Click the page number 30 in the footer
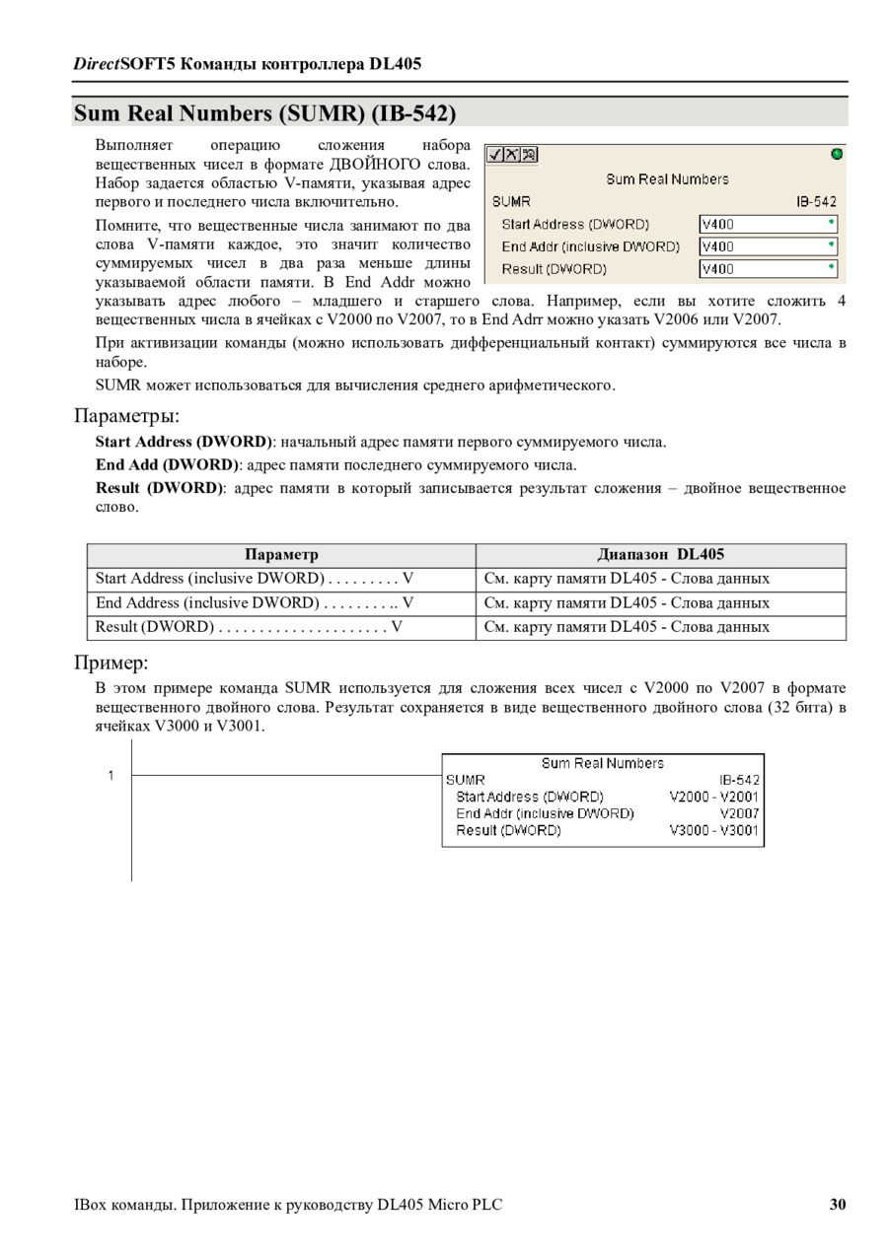pos(838,1204)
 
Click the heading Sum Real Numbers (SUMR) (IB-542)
pos(264,113)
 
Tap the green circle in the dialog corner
pos(838,154)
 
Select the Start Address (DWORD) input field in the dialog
pos(769,224)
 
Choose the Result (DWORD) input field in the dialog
pos(769,268)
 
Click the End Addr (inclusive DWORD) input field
pos(769,246)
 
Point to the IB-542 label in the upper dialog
pos(817,201)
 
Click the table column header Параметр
pos(281,555)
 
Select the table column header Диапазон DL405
pos(660,555)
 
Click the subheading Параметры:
pos(127,414)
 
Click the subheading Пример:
pos(111,662)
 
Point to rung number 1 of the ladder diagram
pos(111,775)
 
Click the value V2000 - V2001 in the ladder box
pos(713,797)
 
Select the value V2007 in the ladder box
pos(739,813)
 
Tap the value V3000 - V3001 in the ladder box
pos(713,831)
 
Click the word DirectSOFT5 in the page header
pos(119,64)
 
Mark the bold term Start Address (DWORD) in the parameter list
pos(183,442)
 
